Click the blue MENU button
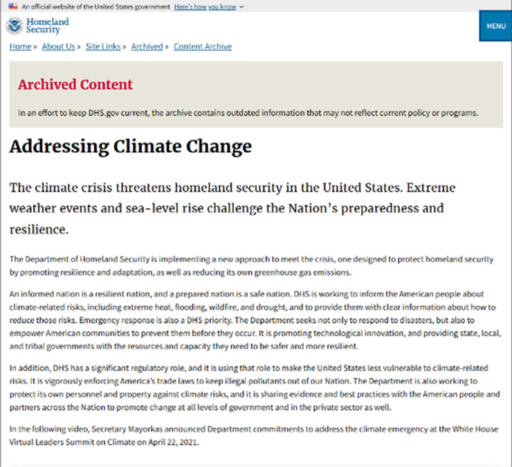(495, 26)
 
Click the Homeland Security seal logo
(14, 26)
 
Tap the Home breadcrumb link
(20, 47)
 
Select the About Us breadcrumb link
(58, 47)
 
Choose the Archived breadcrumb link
(147, 47)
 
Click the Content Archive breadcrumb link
(203, 47)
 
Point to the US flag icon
(13, 6)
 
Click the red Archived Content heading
(75, 85)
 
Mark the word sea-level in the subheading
(167, 208)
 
